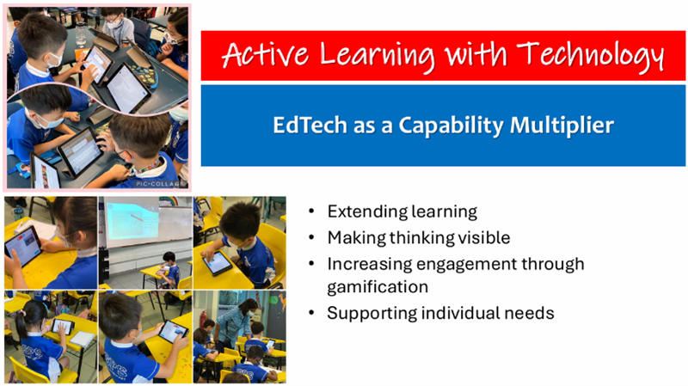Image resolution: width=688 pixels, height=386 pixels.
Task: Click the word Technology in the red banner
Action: click(590, 56)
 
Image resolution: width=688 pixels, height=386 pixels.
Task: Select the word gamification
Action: click(378, 287)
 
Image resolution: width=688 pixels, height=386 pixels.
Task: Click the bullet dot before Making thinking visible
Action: click(311, 238)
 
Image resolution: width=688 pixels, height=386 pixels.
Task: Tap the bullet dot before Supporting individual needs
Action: click(311, 313)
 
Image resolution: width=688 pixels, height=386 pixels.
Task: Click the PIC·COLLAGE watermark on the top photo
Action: click(158, 184)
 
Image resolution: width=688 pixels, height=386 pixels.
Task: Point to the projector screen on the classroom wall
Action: click(132, 222)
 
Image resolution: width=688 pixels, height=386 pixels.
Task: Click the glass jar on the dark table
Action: click(81, 34)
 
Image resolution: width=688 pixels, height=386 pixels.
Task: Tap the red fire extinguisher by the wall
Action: click(203, 318)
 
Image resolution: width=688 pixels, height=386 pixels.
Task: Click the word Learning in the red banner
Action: click(378, 57)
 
